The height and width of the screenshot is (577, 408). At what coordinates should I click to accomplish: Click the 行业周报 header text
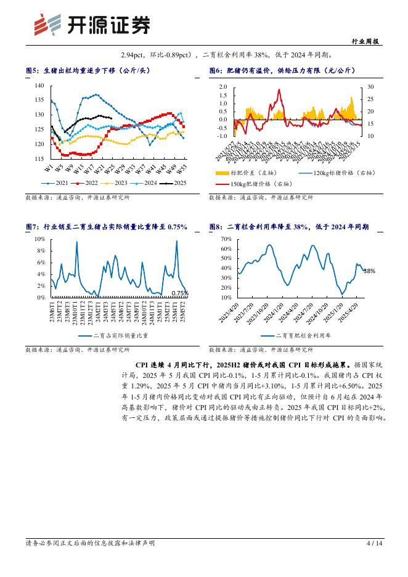tap(368, 41)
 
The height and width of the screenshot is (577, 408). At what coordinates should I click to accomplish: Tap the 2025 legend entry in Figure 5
tap(175, 182)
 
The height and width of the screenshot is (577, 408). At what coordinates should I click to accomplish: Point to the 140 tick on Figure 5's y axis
tap(39, 86)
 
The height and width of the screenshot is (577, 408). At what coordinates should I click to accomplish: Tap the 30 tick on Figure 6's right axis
tap(370, 88)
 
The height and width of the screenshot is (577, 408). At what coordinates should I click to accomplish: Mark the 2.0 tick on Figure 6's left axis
tap(223, 88)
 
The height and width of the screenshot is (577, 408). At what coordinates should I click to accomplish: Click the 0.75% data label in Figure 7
tap(179, 293)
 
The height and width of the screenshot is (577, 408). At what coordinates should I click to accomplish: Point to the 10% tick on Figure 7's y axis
tap(39, 239)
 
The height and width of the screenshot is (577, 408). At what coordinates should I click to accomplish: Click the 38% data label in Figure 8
tap(369, 271)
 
